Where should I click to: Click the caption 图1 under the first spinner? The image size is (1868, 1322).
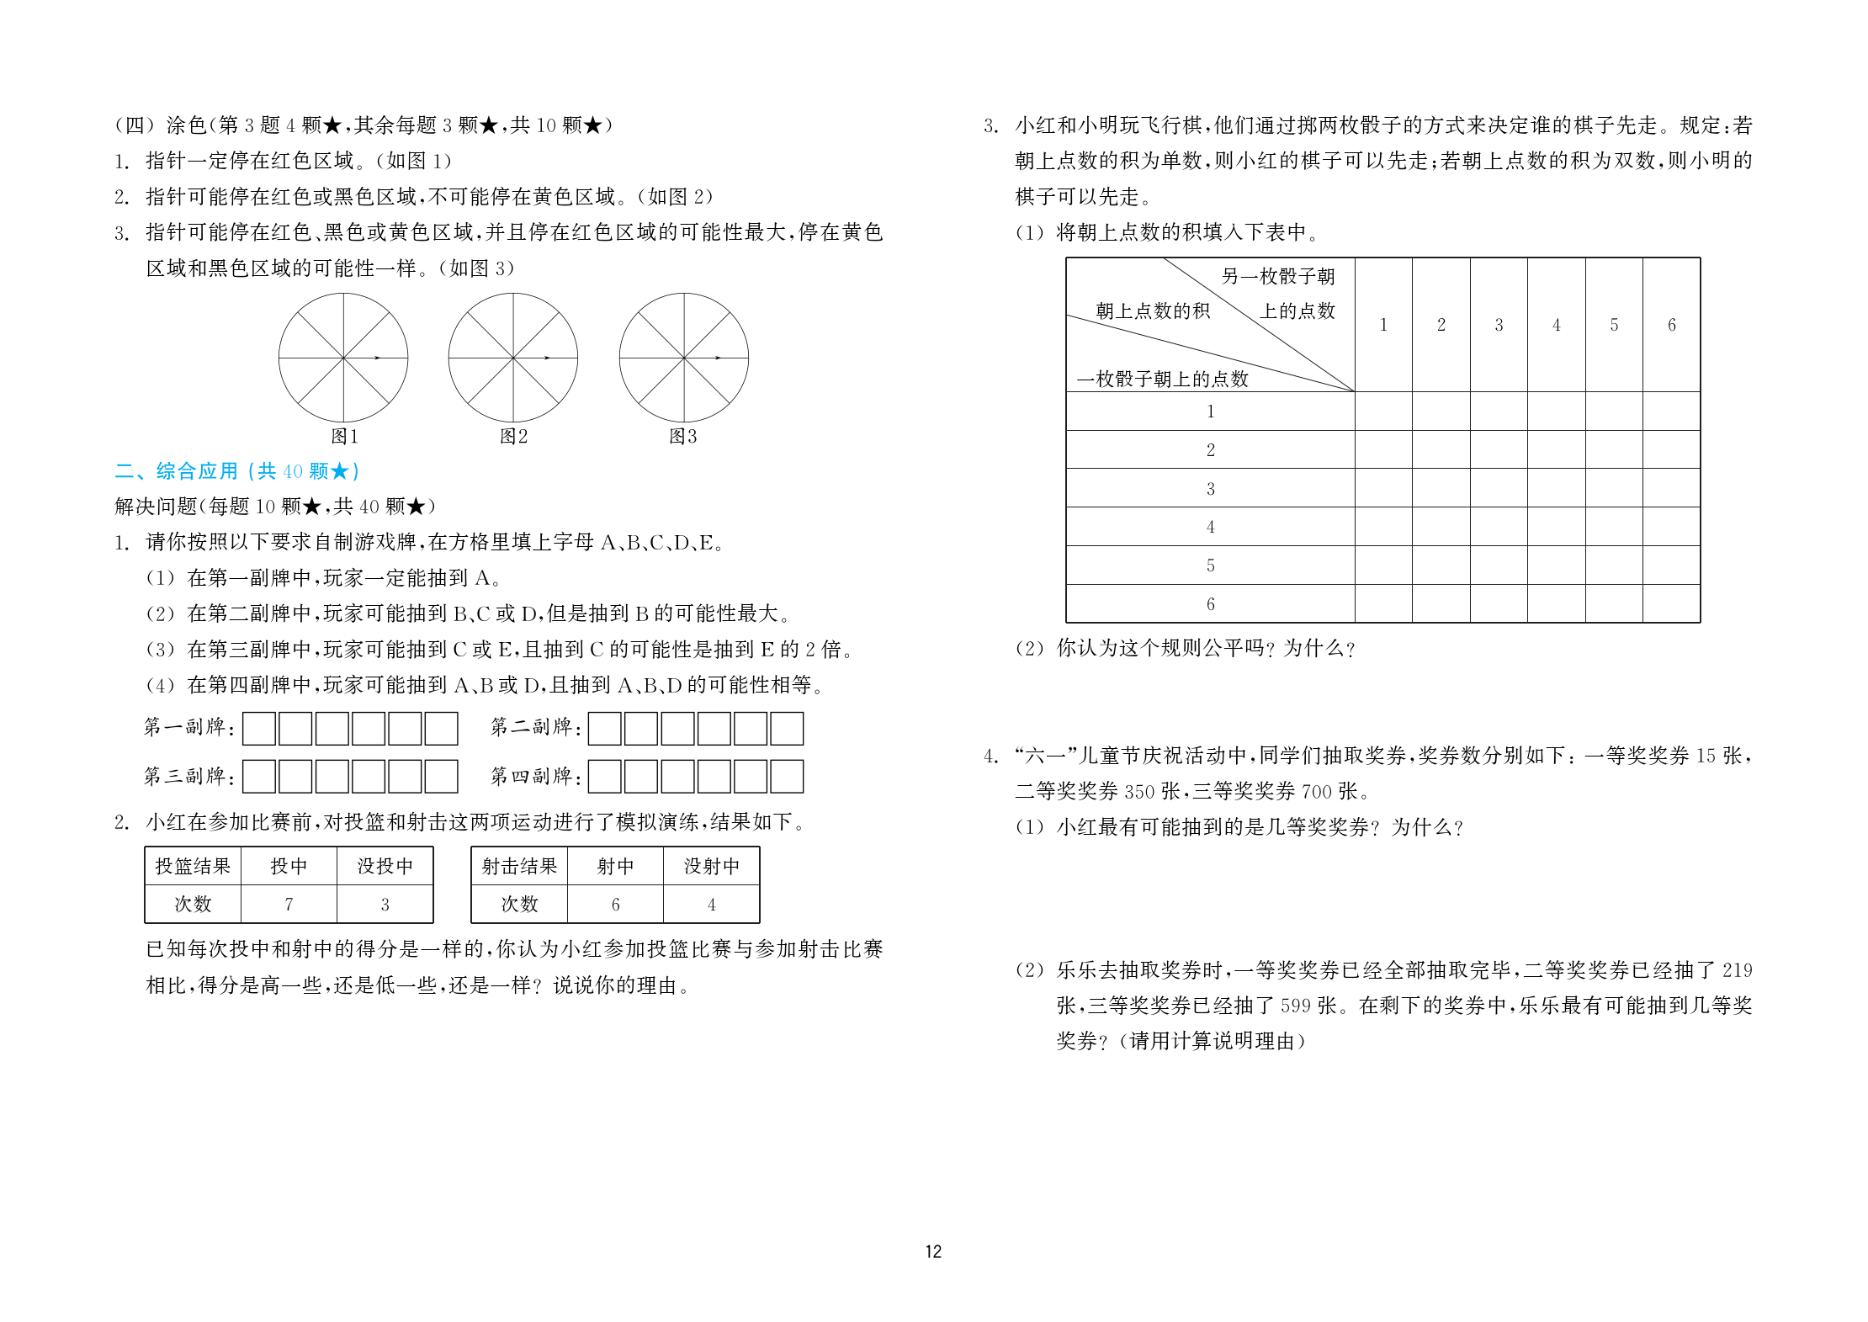pyautogui.click(x=344, y=436)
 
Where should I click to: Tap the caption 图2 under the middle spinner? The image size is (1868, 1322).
pyautogui.click(x=513, y=436)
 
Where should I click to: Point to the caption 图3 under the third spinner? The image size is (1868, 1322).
pyautogui.click(x=682, y=436)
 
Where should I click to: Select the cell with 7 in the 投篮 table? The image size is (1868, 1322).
pyautogui.click(x=289, y=905)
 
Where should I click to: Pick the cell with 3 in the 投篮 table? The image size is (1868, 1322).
pyautogui.click(x=385, y=905)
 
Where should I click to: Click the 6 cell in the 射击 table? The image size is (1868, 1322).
pyautogui.click(x=615, y=905)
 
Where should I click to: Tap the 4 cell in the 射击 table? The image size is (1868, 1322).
pyautogui.click(x=711, y=905)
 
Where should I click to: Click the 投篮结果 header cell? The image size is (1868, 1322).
pyautogui.click(x=193, y=866)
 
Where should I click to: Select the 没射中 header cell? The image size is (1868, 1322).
pyautogui.click(x=711, y=866)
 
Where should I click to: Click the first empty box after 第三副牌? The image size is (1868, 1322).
pyautogui.click(x=259, y=777)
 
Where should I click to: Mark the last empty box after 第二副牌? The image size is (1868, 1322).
pyautogui.click(x=787, y=729)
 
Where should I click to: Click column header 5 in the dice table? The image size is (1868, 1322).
pyautogui.click(x=1614, y=325)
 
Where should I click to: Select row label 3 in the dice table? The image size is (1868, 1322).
pyautogui.click(x=1210, y=488)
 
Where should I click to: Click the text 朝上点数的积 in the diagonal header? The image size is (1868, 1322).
pyautogui.click(x=1153, y=311)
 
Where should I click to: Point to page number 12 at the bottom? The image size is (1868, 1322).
pyautogui.click(x=933, y=1251)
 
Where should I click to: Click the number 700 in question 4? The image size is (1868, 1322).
pyautogui.click(x=1317, y=791)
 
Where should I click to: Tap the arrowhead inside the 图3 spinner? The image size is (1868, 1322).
pyautogui.click(x=718, y=358)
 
